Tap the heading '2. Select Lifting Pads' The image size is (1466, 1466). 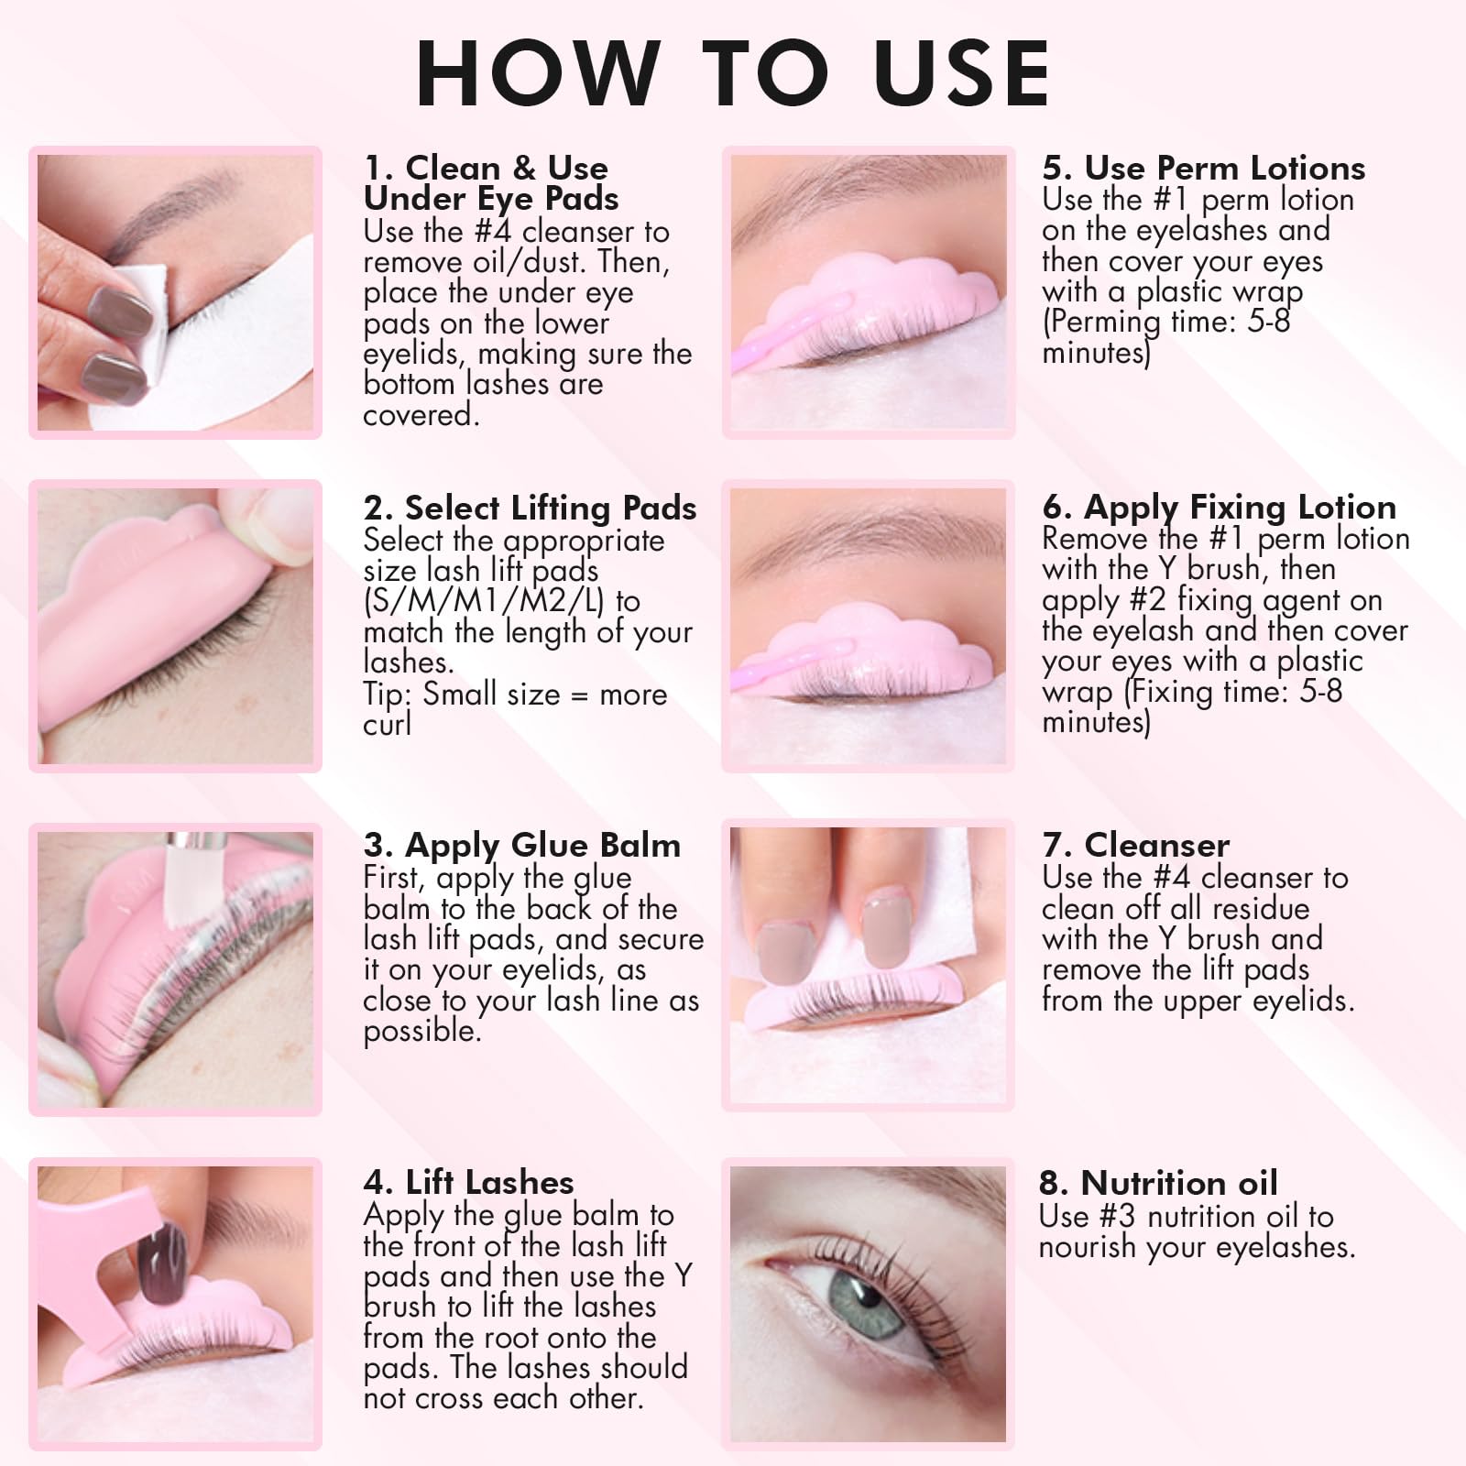coord(530,508)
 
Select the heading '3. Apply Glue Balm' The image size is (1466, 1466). coord(522,845)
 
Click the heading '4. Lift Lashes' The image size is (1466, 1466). coord(468,1182)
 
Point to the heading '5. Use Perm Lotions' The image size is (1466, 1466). coord(1203,168)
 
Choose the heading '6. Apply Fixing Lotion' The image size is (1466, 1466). coord(1219,507)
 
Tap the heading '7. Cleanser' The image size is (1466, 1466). coord(1135,845)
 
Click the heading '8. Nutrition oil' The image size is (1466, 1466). coord(1158,1183)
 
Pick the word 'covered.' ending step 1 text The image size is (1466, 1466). coord(421,414)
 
